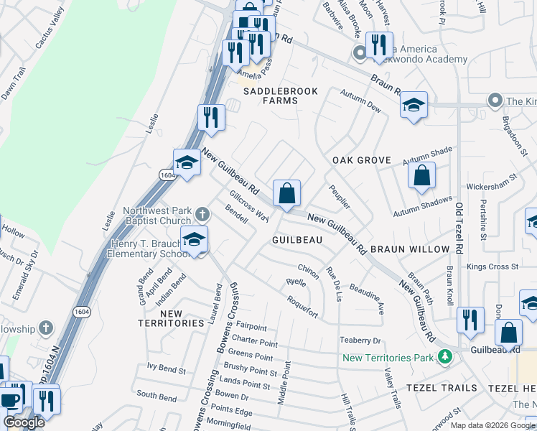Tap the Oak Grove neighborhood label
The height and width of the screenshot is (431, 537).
coord(361,160)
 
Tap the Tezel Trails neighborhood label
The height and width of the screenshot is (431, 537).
coord(442,388)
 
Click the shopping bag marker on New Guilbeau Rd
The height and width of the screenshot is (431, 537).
coord(286,194)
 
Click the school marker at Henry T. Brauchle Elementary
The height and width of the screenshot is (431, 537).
coord(194,241)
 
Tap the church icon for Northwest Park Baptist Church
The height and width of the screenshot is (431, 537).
coord(202,213)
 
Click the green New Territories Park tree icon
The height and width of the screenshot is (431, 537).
coord(445,357)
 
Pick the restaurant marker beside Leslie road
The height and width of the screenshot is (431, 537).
coord(210,117)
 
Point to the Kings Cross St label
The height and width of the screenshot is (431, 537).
coord(492,267)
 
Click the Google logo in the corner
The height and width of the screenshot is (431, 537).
coord(24,423)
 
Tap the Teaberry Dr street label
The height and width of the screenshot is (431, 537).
coord(361,340)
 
